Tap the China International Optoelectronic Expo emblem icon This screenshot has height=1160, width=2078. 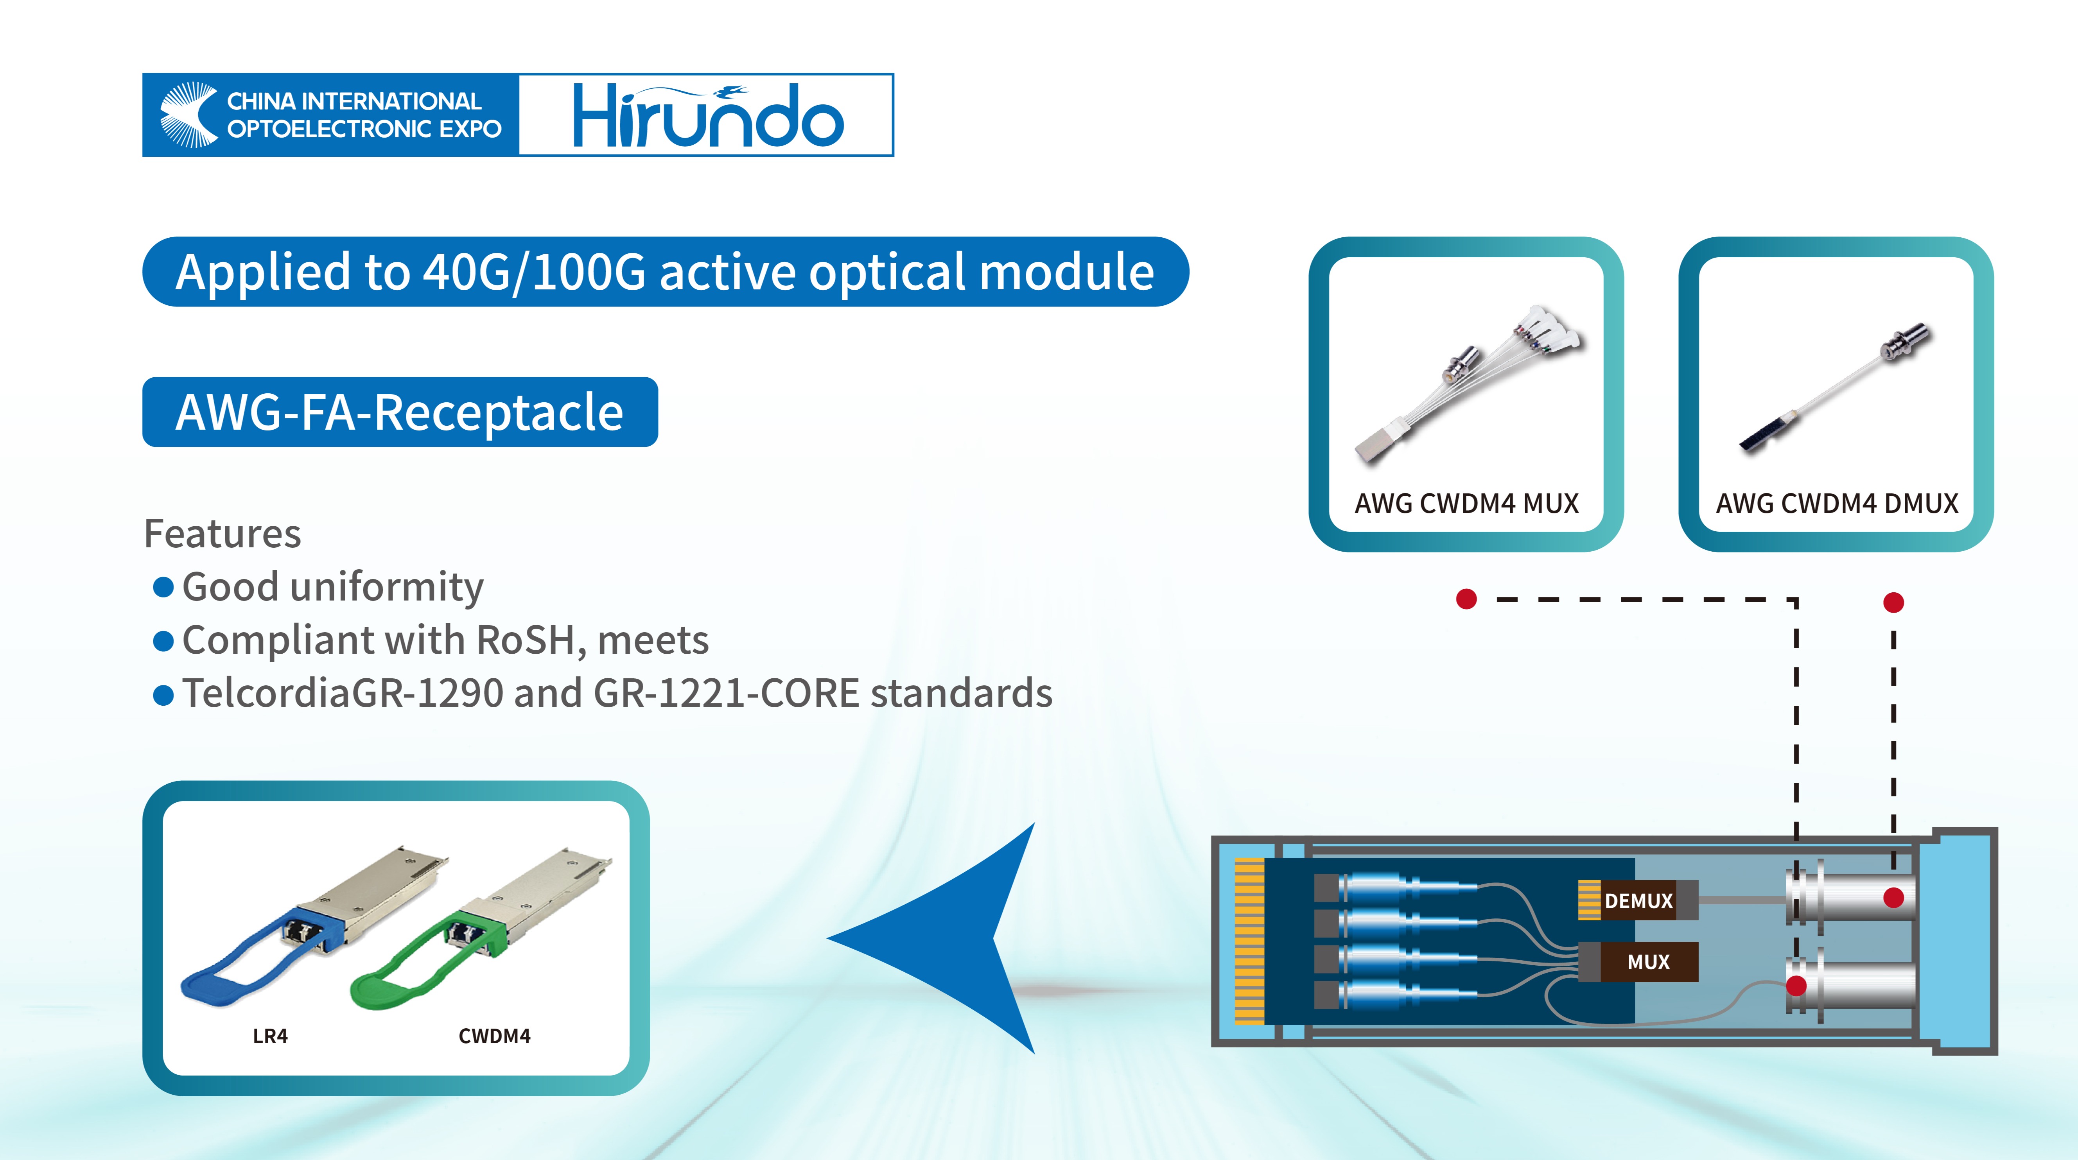point(189,115)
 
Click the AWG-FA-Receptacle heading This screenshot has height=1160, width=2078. point(399,412)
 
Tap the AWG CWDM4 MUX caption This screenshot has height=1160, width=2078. point(1466,503)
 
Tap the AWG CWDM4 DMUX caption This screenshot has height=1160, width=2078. point(1837,503)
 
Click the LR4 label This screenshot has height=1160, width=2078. point(270,1036)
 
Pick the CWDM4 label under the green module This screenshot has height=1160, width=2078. point(495,1036)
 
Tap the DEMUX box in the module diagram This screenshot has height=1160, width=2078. point(1638,900)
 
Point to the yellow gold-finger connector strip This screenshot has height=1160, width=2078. point(1249,941)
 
